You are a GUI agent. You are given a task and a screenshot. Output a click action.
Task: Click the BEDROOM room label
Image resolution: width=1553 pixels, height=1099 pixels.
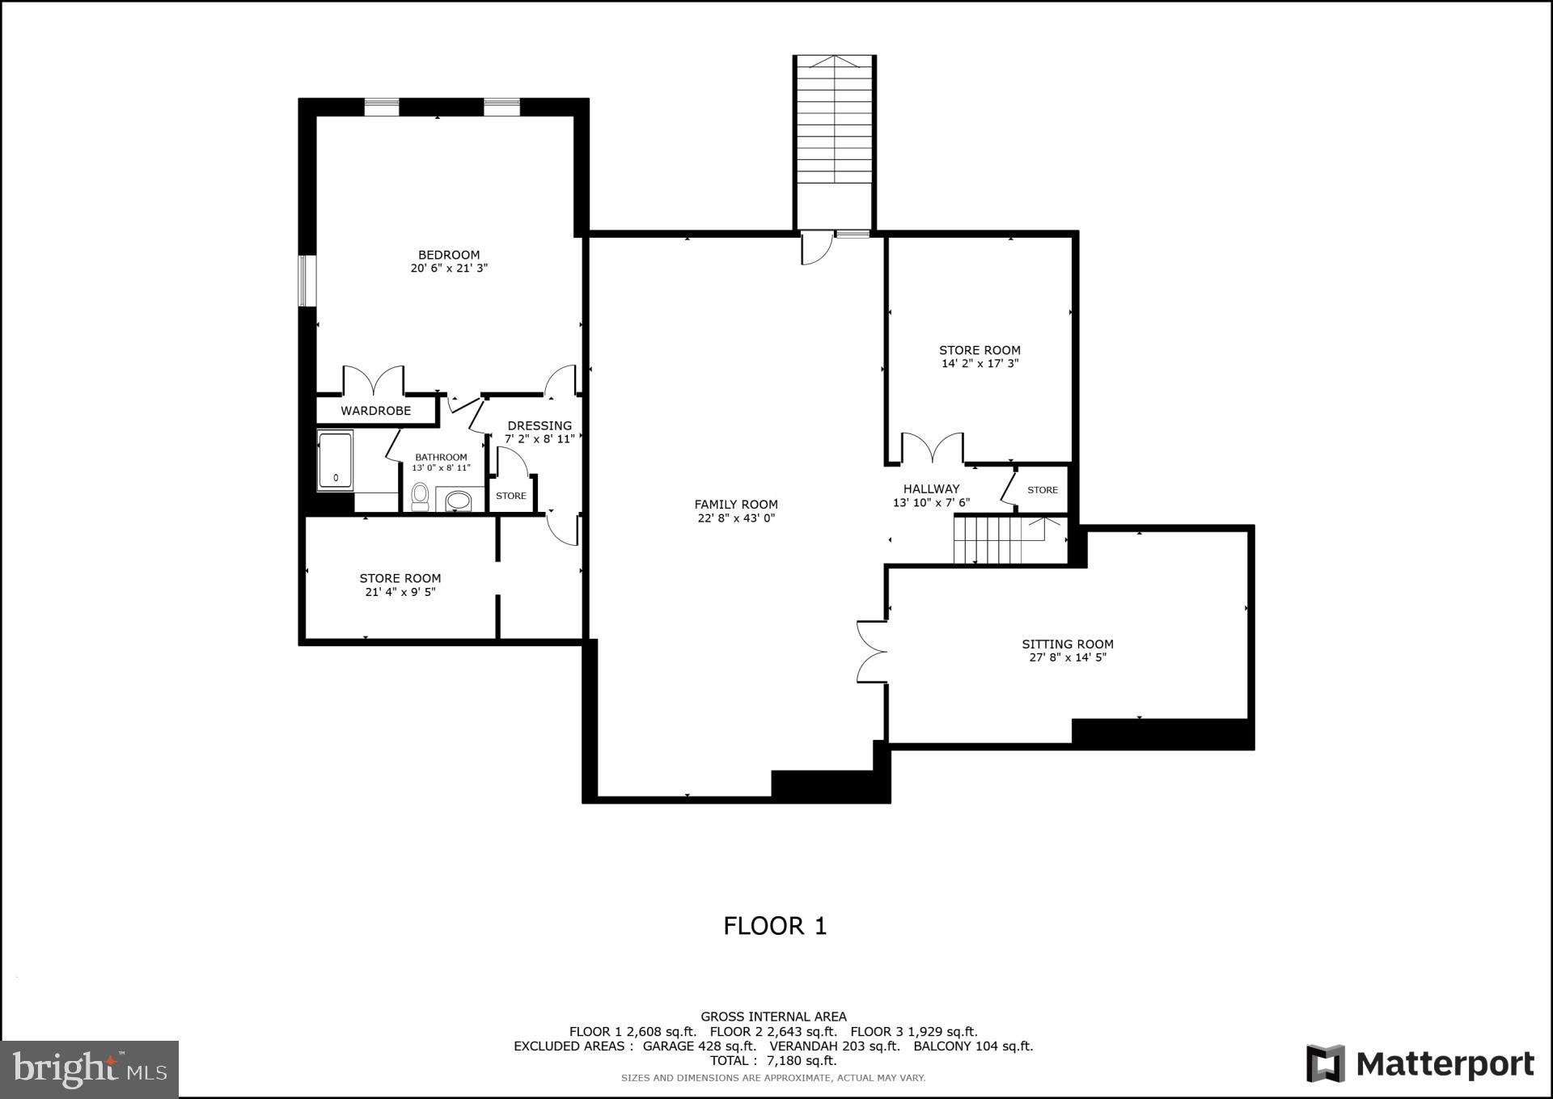(x=449, y=255)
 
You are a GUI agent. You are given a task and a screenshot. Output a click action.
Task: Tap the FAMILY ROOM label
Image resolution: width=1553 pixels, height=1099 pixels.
(x=736, y=504)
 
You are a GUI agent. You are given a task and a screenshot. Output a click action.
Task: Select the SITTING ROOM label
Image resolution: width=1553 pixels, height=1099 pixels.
(x=1067, y=644)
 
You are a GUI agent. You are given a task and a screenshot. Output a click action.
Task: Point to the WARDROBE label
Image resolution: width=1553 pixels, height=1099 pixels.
(x=375, y=411)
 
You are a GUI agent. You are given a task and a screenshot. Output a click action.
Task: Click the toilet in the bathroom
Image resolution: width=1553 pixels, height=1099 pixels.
(x=420, y=496)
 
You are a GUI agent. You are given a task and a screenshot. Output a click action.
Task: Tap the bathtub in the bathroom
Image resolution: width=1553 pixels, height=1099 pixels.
(x=335, y=461)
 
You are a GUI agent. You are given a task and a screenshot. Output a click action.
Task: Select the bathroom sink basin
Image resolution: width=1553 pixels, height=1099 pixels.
(x=459, y=500)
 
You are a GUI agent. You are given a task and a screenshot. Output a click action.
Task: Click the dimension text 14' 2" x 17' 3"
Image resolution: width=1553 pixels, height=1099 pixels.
(x=980, y=364)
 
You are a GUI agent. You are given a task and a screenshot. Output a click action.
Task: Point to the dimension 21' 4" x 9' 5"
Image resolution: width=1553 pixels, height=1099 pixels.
(x=400, y=592)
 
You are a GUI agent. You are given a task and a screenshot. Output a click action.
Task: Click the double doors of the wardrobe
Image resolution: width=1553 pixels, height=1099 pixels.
(x=373, y=381)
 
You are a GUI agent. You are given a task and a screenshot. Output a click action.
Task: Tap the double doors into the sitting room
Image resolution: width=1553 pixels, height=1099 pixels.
(x=872, y=652)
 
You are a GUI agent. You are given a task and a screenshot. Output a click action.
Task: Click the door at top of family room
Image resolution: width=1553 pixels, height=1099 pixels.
(x=816, y=248)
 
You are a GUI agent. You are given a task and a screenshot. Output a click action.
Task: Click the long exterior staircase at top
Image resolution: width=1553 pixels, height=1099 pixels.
(x=835, y=142)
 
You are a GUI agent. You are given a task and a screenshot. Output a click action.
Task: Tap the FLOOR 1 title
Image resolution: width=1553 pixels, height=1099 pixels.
(x=775, y=926)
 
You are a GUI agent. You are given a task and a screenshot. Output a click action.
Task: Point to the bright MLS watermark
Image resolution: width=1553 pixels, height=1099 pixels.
(x=89, y=1069)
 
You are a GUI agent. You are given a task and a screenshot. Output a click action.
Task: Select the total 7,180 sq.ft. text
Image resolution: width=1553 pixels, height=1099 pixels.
(x=772, y=1060)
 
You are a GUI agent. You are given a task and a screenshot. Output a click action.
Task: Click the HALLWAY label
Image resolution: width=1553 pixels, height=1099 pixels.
(x=931, y=488)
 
